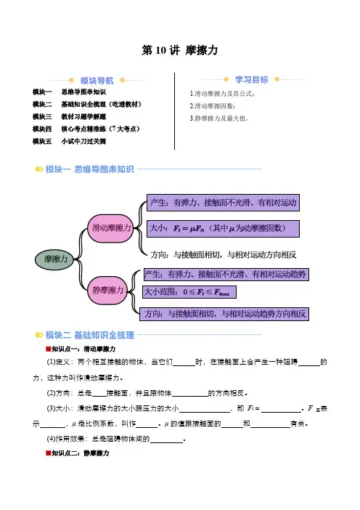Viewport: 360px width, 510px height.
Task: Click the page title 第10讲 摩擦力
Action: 179,50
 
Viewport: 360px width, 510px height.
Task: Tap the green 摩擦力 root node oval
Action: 55,259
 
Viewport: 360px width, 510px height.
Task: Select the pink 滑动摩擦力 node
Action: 111,228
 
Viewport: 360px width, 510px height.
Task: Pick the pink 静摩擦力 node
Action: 107,290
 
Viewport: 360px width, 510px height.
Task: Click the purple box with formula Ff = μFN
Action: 223,229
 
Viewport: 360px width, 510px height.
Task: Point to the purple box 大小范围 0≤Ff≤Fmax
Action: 189,292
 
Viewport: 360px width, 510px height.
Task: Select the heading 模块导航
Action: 97,81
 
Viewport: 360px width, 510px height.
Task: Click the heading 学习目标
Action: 252,80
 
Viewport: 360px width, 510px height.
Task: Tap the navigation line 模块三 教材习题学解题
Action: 69,116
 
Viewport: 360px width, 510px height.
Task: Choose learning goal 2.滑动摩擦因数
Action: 213,106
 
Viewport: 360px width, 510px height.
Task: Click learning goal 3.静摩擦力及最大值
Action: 219,118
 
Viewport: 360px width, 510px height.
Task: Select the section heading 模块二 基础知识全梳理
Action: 90,335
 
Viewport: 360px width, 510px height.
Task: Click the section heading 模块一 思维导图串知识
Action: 90,169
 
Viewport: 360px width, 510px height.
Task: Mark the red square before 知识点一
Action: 49,349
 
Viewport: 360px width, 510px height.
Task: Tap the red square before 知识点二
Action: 49,453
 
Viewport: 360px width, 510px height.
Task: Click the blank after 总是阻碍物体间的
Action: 167,440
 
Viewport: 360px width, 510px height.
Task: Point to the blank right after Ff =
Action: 282,409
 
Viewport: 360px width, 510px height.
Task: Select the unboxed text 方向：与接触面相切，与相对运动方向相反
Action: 224,255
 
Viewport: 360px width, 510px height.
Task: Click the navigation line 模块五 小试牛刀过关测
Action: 69,141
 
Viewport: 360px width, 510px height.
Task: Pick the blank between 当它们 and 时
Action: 184,363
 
